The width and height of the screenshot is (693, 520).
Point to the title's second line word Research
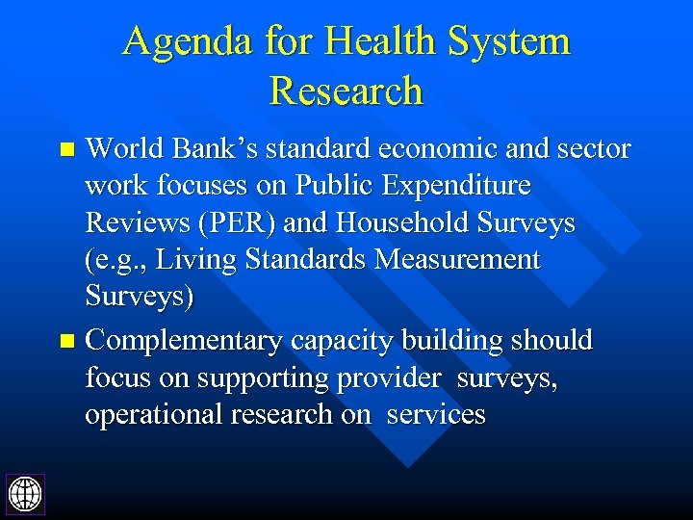(x=346, y=91)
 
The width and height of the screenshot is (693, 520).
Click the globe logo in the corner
(x=25, y=494)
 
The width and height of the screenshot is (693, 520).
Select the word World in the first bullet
(x=120, y=149)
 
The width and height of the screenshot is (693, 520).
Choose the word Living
(x=192, y=260)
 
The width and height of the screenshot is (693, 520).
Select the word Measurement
(x=458, y=260)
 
